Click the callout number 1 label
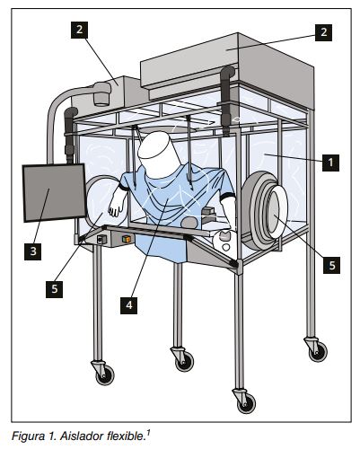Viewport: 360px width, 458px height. (330, 163)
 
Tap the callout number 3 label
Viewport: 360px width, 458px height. (33, 251)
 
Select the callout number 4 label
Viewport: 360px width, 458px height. (129, 305)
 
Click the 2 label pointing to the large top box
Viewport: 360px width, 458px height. (323, 32)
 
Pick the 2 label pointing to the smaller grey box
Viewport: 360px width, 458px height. (79, 30)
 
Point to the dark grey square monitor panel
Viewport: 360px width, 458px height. (54, 192)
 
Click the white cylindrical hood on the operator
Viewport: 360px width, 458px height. (158, 154)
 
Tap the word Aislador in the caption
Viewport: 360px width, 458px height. (81, 436)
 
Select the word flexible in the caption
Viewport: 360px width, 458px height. (125, 436)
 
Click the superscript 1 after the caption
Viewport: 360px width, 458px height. (148, 433)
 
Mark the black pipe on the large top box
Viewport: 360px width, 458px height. (227, 101)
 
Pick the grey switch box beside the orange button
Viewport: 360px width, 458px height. (102, 239)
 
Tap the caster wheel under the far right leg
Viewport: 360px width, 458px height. (318, 351)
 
